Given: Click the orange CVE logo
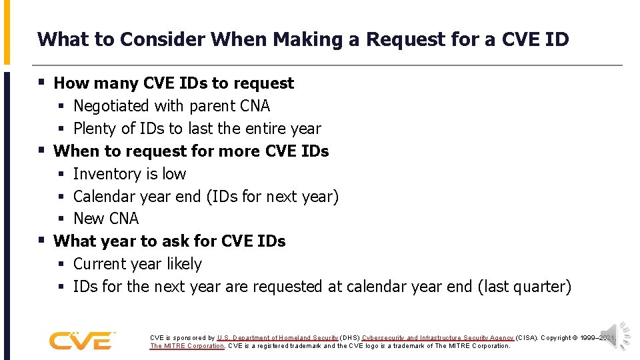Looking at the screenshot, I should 81,341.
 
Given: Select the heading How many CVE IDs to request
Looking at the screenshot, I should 173,83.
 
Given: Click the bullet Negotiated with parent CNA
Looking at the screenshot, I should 171,106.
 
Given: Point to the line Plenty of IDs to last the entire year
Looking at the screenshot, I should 197,129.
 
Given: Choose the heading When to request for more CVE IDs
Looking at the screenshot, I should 191,151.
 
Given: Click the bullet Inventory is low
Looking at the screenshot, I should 129,174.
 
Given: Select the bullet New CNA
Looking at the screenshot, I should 106,219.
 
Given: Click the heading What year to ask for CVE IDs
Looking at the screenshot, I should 169,241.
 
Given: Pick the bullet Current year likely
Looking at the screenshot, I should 137,264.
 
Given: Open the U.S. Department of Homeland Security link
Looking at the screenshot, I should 277,338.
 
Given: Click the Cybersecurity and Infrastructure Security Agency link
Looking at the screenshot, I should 438,338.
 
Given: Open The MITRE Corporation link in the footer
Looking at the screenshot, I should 187,346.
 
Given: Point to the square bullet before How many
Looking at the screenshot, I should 41,83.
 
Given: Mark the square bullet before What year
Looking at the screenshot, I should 41,240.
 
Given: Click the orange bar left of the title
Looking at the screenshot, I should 7,32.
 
